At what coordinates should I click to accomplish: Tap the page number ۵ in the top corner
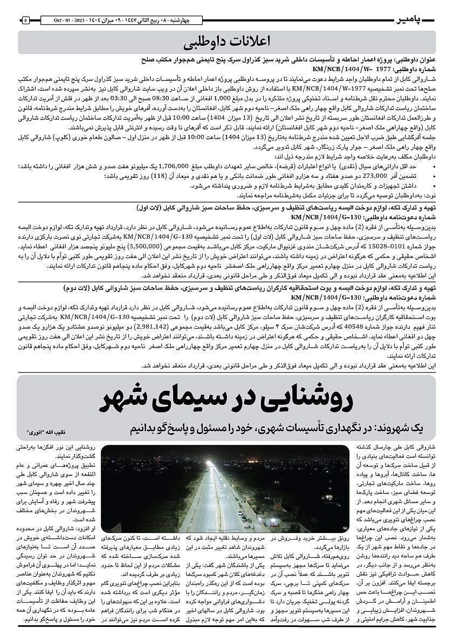coord(25,20)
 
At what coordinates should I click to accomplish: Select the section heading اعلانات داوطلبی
coord(226,42)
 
